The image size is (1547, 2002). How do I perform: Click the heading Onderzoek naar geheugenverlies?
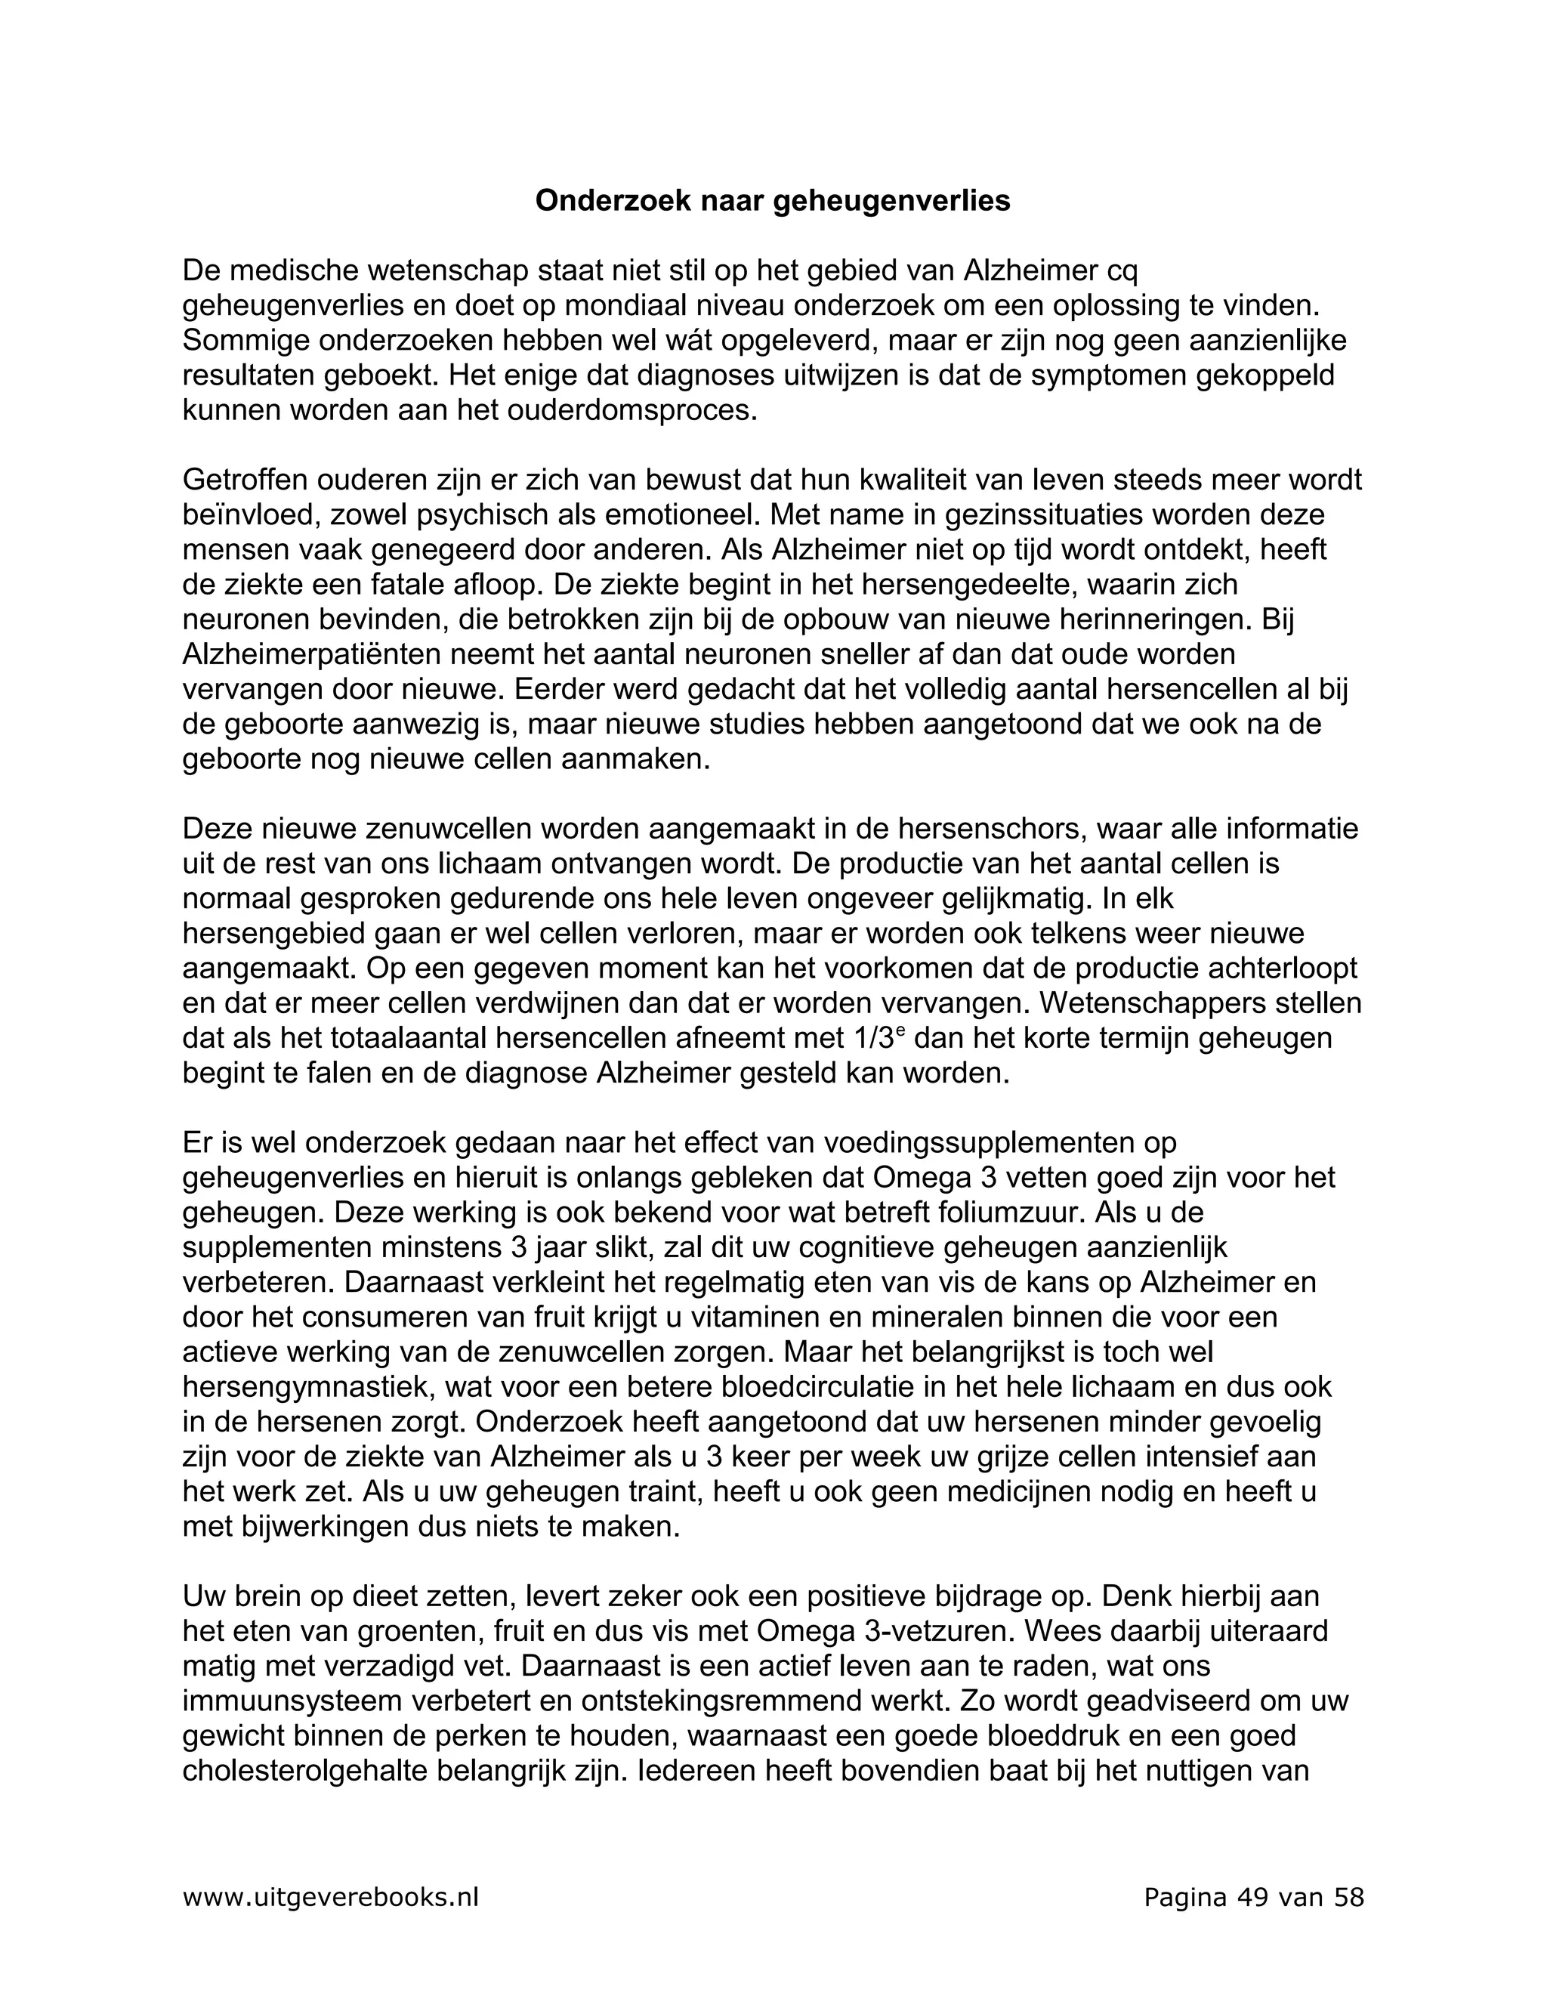[773, 201]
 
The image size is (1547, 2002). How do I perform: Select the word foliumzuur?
[1005, 1213]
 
